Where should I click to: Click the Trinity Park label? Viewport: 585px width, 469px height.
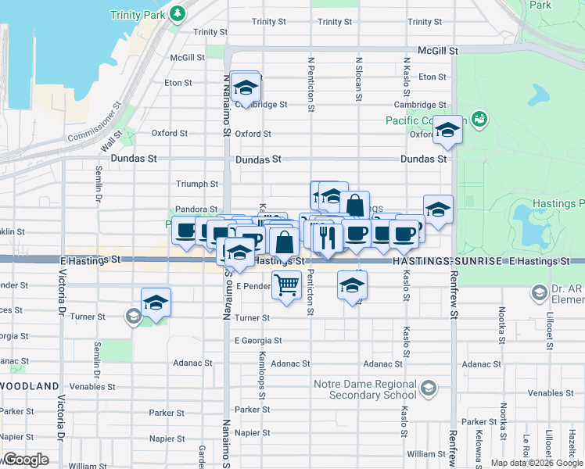(x=136, y=15)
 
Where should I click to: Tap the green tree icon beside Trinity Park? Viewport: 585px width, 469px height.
(x=178, y=13)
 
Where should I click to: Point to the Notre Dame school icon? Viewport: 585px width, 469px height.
(x=428, y=388)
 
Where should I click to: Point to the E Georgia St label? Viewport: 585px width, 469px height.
(x=258, y=341)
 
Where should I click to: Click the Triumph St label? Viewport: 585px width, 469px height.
(x=198, y=184)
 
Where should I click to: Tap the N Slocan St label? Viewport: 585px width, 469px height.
(x=358, y=78)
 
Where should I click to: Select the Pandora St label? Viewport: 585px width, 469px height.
(x=196, y=209)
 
